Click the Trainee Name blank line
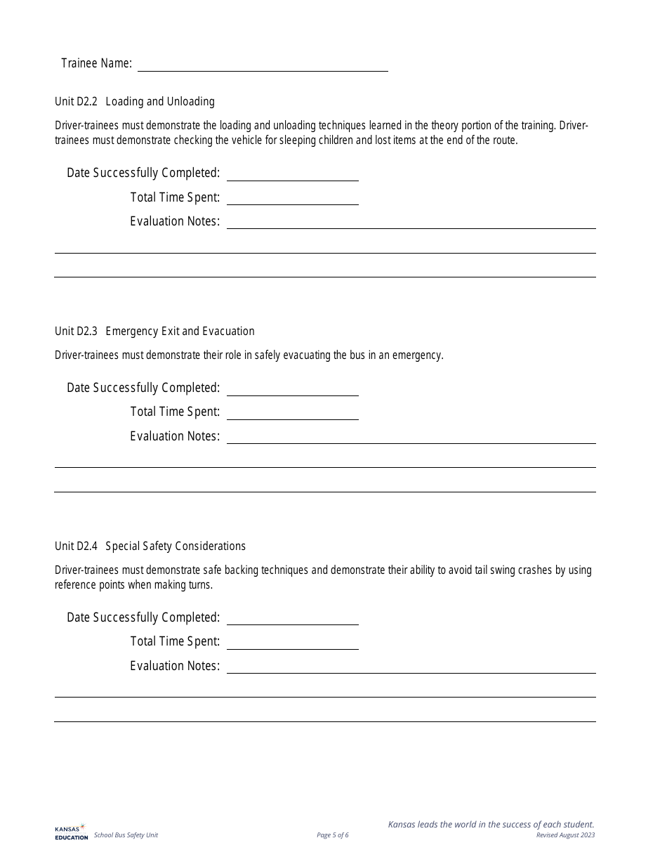click(x=263, y=64)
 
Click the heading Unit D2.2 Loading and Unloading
click(x=135, y=102)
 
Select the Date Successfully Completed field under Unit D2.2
click(x=292, y=174)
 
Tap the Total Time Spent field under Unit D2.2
click(x=292, y=197)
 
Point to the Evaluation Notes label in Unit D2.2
click(x=175, y=221)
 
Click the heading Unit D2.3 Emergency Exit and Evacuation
click(x=154, y=332)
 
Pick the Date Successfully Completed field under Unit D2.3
click(x=292, y=388)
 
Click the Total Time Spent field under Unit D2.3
click(x=292, y=412)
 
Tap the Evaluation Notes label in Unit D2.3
click(x=175, y=436)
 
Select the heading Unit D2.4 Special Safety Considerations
click(x=150, y=546)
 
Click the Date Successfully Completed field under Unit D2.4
click(x=292, y=617)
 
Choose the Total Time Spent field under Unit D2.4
click(x=292, y=642)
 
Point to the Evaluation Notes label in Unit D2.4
click(x=175, y=666)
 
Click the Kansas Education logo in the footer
click(x=71, y=832)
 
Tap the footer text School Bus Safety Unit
click(x=126, y=835)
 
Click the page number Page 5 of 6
click(x=333, y=835)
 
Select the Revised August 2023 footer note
click(x=565, y=835)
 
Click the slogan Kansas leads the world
click(x=491, y=825)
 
